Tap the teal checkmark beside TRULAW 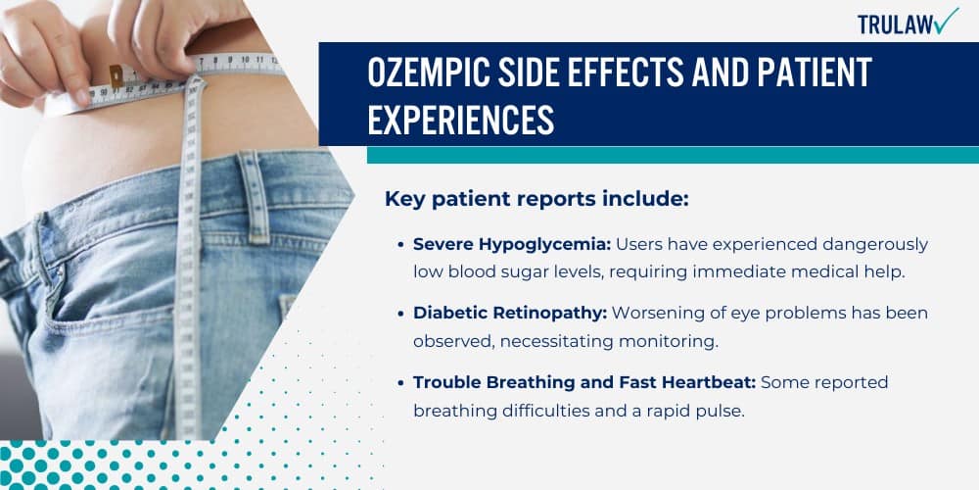(948, 21)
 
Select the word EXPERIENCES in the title (461, 120)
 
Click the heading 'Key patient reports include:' (537, 199)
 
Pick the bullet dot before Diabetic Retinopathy (402, 314)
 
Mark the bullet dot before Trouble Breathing (402, 383)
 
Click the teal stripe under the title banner (673, 155)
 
